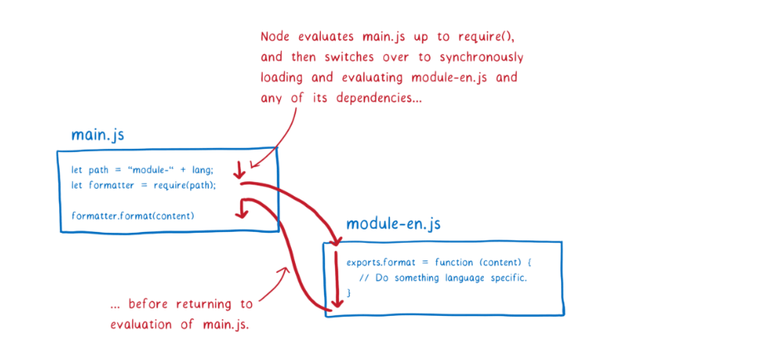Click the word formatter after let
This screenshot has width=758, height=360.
108,185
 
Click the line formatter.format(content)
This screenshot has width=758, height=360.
132,215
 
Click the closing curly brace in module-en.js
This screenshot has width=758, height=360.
350,292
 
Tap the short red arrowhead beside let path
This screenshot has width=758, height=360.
239,175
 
